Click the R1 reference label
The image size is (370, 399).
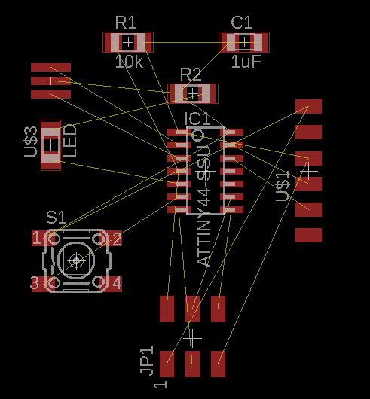tap(126, 23)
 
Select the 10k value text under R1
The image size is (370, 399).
tap(129, 62)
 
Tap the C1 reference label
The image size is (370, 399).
tap(242, 23)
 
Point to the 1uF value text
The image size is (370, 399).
tap(246, 62)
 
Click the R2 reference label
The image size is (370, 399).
tap(191, 75)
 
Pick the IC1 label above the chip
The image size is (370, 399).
tap(197, 119)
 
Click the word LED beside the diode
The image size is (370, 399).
tap(70, 141)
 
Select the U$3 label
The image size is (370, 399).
tap(31, 142)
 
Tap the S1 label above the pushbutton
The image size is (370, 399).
tap(56, 218)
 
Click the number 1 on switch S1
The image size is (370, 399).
tap(36, 239)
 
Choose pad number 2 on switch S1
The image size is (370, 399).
tap(117, 239)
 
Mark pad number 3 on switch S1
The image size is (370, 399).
tap(35, 283)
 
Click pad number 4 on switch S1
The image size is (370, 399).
tap(117, 283)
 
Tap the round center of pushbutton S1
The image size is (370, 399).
tap(76, 260)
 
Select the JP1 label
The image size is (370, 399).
tap(147, 361)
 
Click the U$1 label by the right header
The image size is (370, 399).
tap(283, 186)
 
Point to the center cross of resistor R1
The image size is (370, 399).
tap(128, 42)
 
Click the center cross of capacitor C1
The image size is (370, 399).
tap(244, 42)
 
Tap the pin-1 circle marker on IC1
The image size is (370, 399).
tap(198, 135)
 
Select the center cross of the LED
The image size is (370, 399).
tap(51, 145)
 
